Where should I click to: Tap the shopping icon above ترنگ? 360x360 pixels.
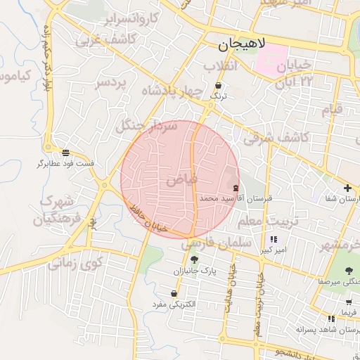(x=219, y=85)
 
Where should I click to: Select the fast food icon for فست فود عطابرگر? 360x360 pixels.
(x=65, y=152)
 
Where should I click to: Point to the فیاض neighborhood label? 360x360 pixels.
(x=181, y=181)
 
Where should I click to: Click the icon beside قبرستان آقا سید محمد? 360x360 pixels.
(x=235, y=188)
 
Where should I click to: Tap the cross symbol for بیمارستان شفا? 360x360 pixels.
(x=347, y=188)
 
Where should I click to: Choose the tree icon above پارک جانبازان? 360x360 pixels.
(x=194, y=259)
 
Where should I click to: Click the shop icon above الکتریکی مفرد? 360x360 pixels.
(x=174, y=294)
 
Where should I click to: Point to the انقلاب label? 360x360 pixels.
(x=222, y=66)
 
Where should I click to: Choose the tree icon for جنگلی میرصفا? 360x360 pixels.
(x=349, y=270)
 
